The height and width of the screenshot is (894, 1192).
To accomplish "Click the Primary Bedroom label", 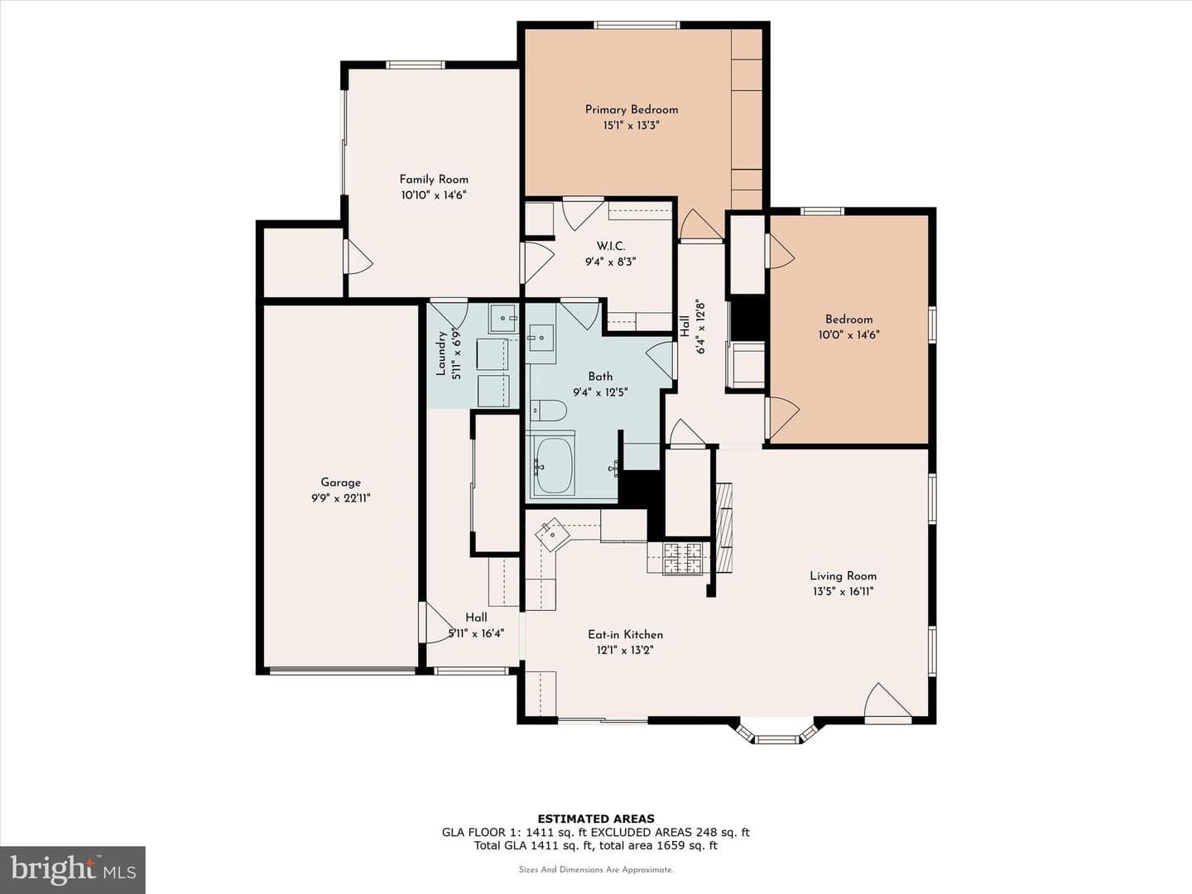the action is [x=631, y=109].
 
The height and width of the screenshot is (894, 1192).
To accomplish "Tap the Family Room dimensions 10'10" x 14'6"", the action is [x=434, y=195].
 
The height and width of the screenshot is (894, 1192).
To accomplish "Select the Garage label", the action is [x=340, y=482].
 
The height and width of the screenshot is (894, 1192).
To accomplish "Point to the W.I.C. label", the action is [x=610, y=247].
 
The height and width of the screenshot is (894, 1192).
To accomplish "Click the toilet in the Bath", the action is [x=548, y=411].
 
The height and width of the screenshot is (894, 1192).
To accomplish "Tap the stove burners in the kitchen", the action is [x=682, y=558].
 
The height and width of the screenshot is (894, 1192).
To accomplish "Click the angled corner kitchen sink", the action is [x=552, y=535].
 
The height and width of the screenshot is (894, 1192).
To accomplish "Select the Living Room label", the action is [x=843, y=576].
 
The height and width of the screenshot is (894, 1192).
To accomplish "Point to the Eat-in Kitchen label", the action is [x=625, y=635].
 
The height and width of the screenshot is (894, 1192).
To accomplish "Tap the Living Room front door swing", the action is [x=887, y=703].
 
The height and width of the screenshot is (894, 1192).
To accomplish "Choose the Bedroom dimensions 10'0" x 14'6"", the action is [x=848, y=335].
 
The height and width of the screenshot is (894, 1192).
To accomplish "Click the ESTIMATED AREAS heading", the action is [x=596, y=819].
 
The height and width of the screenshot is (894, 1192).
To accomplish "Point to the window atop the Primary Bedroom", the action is [x=636, y=25].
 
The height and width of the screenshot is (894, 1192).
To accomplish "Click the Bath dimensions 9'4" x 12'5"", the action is [x=600, y=392].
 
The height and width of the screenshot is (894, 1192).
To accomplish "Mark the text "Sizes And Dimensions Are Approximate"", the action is [x=596, y=869].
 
